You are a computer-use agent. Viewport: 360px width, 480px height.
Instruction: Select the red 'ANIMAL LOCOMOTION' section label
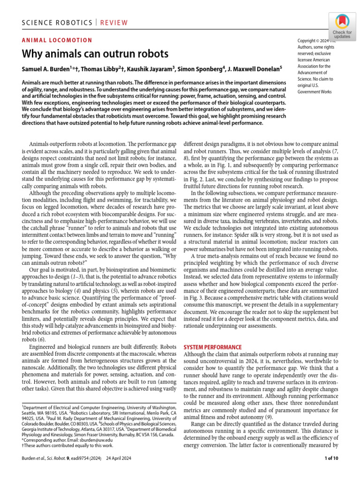pos(57,40)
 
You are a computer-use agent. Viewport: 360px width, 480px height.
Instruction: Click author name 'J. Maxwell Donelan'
pos(253,68)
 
